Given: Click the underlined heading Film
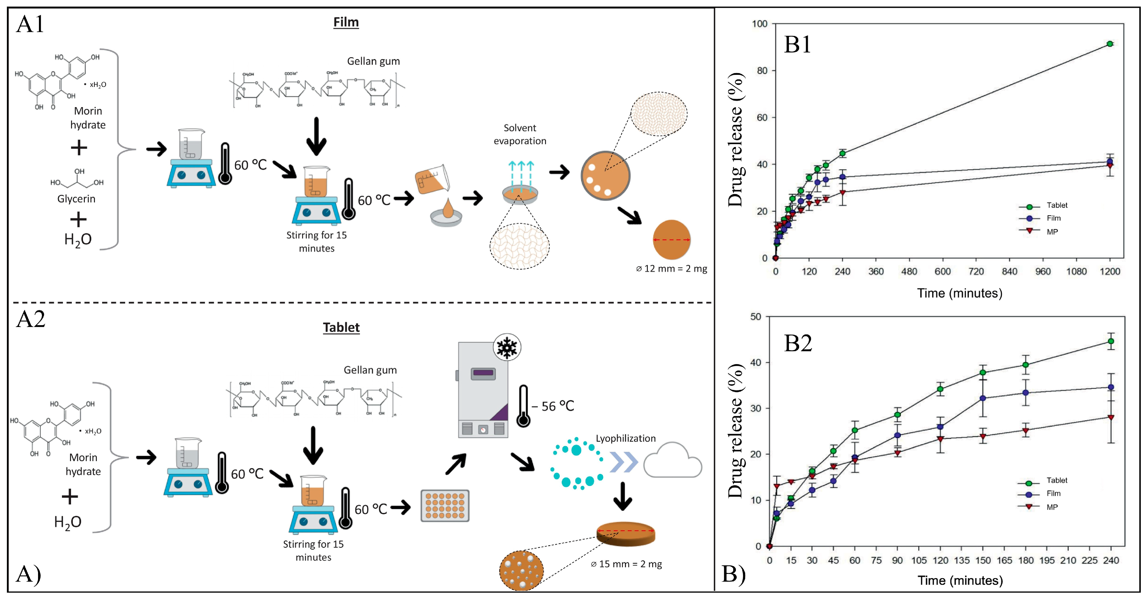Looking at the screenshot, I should point(346,22).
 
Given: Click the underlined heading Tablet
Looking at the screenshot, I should point(341,327).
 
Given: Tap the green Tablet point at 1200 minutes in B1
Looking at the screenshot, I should point(1110,44).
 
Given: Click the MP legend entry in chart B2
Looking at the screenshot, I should point(1052,507).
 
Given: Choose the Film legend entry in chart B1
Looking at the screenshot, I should point(1054,218).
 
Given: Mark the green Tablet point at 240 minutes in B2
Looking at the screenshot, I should point(1111,341).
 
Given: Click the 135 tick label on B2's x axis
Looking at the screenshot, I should point(961,560).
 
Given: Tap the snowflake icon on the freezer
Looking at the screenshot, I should point(507,347).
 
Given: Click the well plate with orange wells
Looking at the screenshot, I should point(445,506).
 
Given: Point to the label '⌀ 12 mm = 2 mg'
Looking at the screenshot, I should point(671,269).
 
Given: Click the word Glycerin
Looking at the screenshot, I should point(76,199).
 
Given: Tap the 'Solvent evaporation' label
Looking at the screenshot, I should point(520,134).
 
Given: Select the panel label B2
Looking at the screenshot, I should point(798,343).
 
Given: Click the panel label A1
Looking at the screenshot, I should point(30,24).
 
